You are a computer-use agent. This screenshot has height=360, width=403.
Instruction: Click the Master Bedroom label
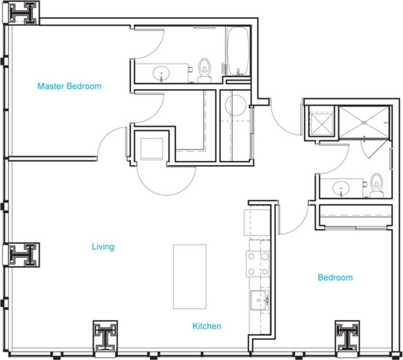tap(70, 86)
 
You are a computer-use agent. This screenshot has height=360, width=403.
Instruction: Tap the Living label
tap(103, 247)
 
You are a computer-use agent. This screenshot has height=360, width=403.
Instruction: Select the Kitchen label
tap(207, 326)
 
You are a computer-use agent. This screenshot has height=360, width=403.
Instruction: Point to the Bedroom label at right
tap(335, 278)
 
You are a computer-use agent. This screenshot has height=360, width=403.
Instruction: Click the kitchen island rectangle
tap(190, 276)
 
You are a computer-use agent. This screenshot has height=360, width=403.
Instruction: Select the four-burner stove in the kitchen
tap(258, 264)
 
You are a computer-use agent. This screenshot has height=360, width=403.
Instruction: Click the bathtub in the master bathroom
tap(238, 52)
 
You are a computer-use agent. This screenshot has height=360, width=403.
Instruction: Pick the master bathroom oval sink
tap(161, 73)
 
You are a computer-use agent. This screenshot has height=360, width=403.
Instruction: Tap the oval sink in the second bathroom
tap(342, 188)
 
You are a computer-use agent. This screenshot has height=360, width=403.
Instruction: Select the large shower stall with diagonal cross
tap(364, 122)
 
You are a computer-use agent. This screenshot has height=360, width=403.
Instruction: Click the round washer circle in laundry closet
tap(235, 105)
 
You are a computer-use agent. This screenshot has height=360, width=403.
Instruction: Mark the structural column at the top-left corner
tap(23, 13)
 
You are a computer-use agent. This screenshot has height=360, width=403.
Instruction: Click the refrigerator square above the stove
tap(257, 221)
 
